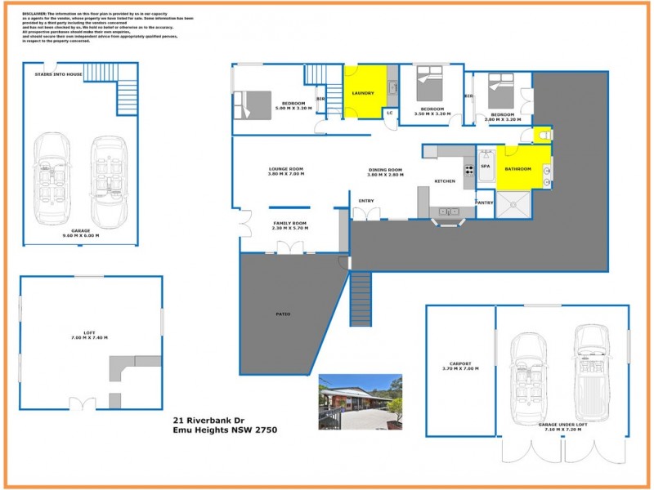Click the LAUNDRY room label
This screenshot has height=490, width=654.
point(363,93)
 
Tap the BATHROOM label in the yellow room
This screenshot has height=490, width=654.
point(517,169)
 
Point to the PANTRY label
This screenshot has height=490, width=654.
point(485,202)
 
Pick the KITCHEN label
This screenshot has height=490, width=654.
point(444,180)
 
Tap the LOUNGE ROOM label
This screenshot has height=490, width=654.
point(285,169)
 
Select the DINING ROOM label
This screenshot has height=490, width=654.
point(385,169)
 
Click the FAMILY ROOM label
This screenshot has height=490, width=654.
point(289,223)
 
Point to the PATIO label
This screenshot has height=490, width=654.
point(283,314)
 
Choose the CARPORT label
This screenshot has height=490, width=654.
point(460,364)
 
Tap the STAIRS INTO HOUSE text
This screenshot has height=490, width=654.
point(58,74)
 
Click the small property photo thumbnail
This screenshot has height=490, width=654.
point(360,401)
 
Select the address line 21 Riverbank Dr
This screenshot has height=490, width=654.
point(208,421)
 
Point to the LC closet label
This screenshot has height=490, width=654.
point(390,113)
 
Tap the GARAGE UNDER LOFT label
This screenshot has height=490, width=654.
point(560,426)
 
